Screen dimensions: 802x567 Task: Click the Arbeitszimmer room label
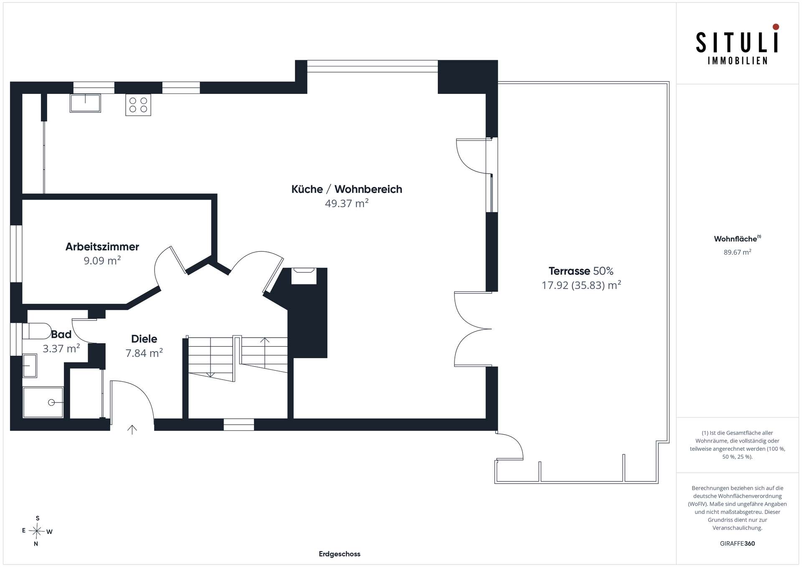pos(102,247)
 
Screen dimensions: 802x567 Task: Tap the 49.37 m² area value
pos(347,203)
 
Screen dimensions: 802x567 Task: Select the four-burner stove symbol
pos(138,105)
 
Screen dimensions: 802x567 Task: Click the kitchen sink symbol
pos(85,103)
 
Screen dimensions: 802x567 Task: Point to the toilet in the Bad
pos(36,331)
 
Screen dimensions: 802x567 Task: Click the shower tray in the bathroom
pos(43,402)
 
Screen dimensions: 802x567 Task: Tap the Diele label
pos(144,339)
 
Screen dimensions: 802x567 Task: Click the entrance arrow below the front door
pos(132,430)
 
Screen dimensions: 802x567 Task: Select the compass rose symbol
pos(37,531)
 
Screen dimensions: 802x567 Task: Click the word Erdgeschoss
pos(340,554)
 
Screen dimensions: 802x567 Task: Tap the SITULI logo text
pos(737,43)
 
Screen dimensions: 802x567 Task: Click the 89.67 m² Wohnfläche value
pos(737,252)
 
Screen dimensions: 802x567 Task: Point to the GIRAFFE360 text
pos(737,544)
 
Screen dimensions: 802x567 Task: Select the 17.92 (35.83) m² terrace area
pos(581,285)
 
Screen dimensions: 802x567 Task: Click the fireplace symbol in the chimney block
pos(304,276)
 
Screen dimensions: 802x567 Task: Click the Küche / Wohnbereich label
pos(347,189)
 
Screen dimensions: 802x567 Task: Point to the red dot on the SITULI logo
pos(776,27)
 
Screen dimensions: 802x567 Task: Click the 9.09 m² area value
pos(102,261)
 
